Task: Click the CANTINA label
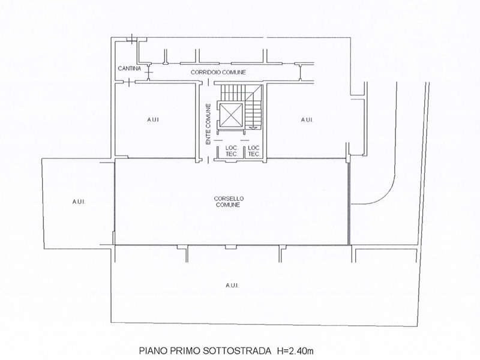pyautogui.click(x=130, y=68)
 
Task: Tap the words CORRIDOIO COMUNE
pyautogui.click(x=218, y=72)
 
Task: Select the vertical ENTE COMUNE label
pyautogui.click(x=208, y=124)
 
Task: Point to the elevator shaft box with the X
pyautogui.click(x=232, y=115)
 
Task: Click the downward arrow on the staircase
pyautogui.click(x=253, y=128)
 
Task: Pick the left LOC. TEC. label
pyautogui.click(x=232, y=151)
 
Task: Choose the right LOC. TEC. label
pyautogui.click(x=254, y=151)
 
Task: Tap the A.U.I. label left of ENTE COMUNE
pyautogui.click(x=153, y=119)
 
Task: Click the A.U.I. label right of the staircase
pyautogui.click(x=307, y=119)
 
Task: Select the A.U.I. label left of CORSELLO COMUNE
pyautogui.click(x=79, y=202)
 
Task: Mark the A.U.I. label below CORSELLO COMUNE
pyautogui.click(x=232, y=286)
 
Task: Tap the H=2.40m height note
pyautogui.click(x=295, y=350)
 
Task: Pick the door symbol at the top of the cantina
pyautogui.click(x=132, y=39)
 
